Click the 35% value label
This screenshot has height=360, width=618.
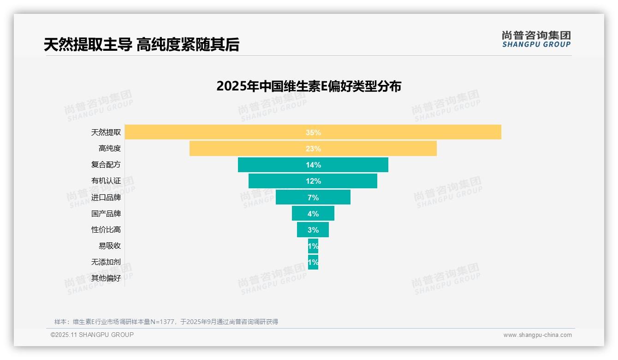pos(313,132)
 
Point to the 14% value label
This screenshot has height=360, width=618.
pos(313,165)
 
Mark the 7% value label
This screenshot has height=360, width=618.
pos(313,198)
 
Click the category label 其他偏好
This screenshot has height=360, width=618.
pos(106,278)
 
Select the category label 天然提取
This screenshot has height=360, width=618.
pos(106,132)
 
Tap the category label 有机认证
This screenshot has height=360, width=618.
pos(106,181)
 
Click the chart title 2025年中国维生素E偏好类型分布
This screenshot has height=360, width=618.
pos(309,86)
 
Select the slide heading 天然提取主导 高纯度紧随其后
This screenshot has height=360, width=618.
pos(142,44)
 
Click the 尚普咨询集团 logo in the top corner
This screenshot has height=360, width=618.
pos(536,39)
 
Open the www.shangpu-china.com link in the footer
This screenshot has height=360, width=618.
pos(537,335)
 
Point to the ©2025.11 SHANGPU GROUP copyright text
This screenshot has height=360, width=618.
pos(92,335)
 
